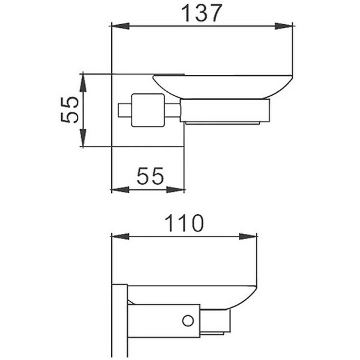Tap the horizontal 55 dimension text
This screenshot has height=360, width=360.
pyautogui.click(x=149, y=177)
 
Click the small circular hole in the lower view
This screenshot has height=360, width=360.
pyautogui.click(x=185, y=320)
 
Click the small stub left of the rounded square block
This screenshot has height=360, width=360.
pyautogui.click(x=123, y=110)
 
